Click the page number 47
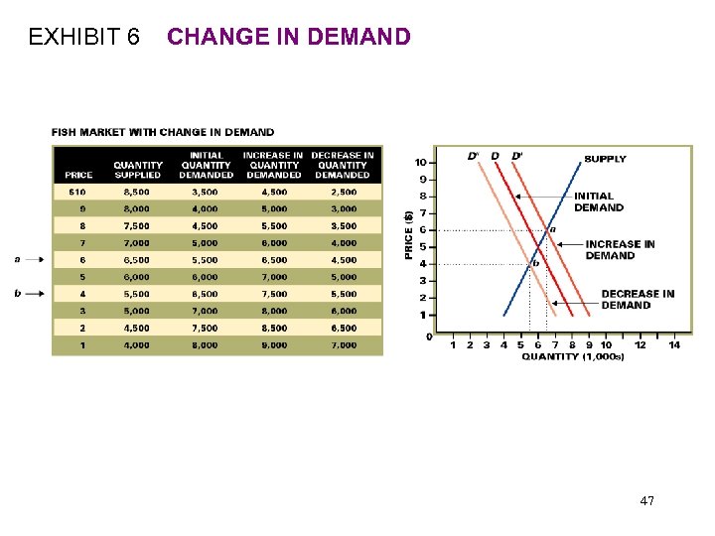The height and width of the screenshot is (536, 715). [646, 501]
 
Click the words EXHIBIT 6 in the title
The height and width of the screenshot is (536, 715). [84, 38]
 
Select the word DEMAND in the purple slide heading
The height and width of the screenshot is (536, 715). [360, 38]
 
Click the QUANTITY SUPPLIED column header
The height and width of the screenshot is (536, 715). [138, 170]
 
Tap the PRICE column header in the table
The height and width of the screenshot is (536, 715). [78, 175]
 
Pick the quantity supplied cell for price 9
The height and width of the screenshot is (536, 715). [137, 209]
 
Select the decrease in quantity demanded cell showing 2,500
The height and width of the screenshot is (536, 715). [343, 192]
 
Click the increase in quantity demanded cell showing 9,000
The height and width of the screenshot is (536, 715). [274, 345]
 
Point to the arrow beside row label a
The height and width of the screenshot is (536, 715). [35, 259]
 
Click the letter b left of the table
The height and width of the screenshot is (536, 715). [18, 294]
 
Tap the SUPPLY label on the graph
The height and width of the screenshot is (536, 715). [605, 159]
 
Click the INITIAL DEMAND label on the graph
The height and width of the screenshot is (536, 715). [599, 202]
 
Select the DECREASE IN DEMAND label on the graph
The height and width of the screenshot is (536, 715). [638, 299]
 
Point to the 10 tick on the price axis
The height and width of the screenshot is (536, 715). [421, 162]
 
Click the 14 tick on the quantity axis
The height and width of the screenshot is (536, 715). [674, 345]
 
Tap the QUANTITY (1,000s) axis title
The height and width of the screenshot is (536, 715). [573, 356]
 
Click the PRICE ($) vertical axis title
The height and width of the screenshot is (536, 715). [408, 234]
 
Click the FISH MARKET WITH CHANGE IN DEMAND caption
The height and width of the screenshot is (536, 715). [163, 132]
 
